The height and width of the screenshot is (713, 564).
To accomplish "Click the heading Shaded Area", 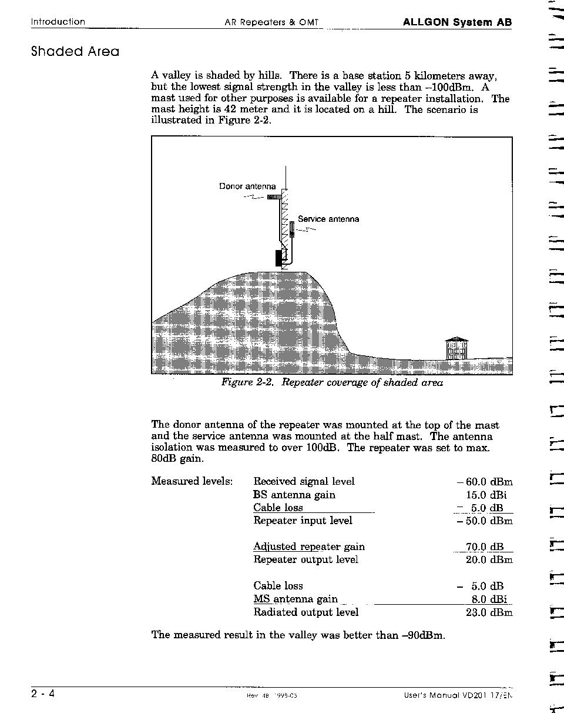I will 75,51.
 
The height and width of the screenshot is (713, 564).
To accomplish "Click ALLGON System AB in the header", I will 457,22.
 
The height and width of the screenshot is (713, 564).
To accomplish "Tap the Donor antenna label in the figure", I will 247,186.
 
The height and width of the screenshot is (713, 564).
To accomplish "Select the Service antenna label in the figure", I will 328,219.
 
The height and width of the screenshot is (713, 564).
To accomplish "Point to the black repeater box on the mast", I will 279,258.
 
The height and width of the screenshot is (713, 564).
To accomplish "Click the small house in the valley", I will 457,348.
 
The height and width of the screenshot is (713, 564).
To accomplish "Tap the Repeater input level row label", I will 303,521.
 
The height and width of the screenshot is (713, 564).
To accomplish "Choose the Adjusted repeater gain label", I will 309,547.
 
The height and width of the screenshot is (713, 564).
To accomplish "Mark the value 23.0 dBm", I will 489,612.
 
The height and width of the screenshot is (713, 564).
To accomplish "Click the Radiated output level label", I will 305,612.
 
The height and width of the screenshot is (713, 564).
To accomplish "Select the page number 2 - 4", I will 43,694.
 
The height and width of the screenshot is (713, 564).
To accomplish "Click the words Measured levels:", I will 192,482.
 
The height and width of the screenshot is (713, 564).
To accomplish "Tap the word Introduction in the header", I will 58,22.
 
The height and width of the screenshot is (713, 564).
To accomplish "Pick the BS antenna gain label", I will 294,495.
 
